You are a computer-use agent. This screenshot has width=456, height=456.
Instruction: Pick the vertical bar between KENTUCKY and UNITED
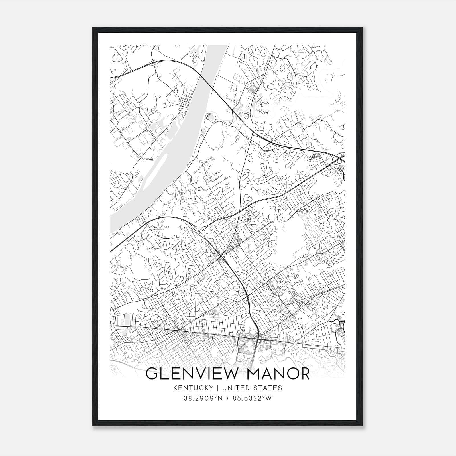(217, 388)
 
